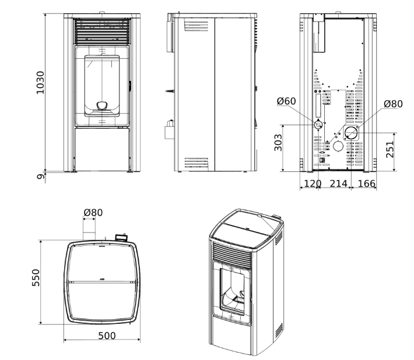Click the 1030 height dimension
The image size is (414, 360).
pos(40,83)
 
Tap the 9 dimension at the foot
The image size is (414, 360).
pos(40,177)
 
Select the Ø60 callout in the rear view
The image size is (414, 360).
pos(286,101)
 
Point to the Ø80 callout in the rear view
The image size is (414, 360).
pos(393,104)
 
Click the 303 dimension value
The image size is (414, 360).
pos(278,143)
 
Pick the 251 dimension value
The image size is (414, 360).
pos(390,150)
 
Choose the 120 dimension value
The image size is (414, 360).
pos(313,183)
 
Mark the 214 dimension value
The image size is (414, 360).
pos(338,183)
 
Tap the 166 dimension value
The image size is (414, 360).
pos(367,183)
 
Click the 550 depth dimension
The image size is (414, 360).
pos(36,278)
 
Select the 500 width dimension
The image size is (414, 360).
pos(107,336)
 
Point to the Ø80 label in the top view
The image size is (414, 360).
pos(93,213)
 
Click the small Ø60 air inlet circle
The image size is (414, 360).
pos(318,125)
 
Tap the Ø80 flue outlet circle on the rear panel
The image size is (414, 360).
pos(351,133)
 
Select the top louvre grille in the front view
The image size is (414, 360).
pos(102,31)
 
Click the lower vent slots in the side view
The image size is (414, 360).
pos(196,163)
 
